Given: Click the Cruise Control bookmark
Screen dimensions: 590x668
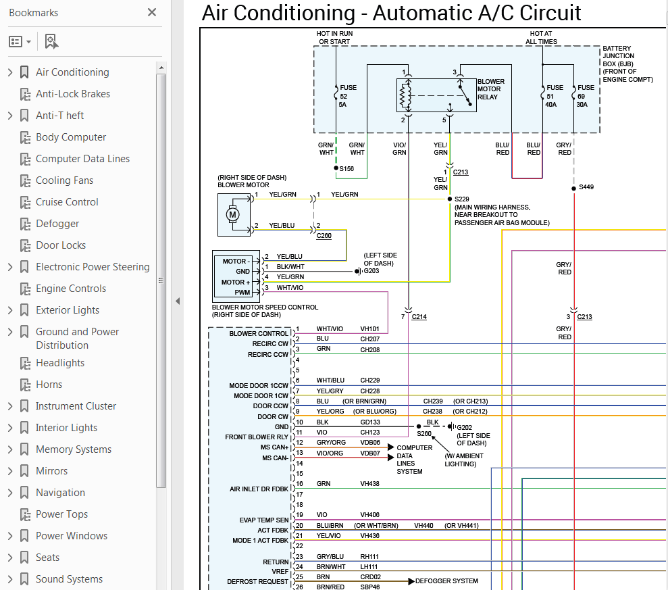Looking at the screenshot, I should coord(67,202).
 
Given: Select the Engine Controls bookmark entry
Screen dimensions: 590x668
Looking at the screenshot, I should coord(70,289).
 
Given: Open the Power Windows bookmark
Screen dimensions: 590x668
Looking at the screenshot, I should coord(71,536).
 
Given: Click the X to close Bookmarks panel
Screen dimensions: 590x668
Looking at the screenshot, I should coord(152,12).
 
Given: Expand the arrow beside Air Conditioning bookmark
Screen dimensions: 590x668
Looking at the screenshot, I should coord(9,72).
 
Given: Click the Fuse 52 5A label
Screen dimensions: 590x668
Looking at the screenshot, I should coord(349,95).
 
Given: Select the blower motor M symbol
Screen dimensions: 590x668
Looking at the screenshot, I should coord(233,215).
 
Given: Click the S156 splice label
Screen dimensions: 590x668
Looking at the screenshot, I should coord(347,169).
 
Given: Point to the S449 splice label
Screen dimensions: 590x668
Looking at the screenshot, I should coord(586,187).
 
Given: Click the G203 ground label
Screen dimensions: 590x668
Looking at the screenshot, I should coord(371,271).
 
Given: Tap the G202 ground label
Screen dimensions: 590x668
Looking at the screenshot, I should coord(465,427).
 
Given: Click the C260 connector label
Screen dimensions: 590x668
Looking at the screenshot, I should coord(324,237).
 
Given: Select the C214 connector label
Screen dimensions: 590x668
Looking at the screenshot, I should coord(419,316).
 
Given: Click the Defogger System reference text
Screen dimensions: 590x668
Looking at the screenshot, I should coord(446,581).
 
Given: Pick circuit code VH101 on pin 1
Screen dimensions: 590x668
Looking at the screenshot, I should coord(369,328).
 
